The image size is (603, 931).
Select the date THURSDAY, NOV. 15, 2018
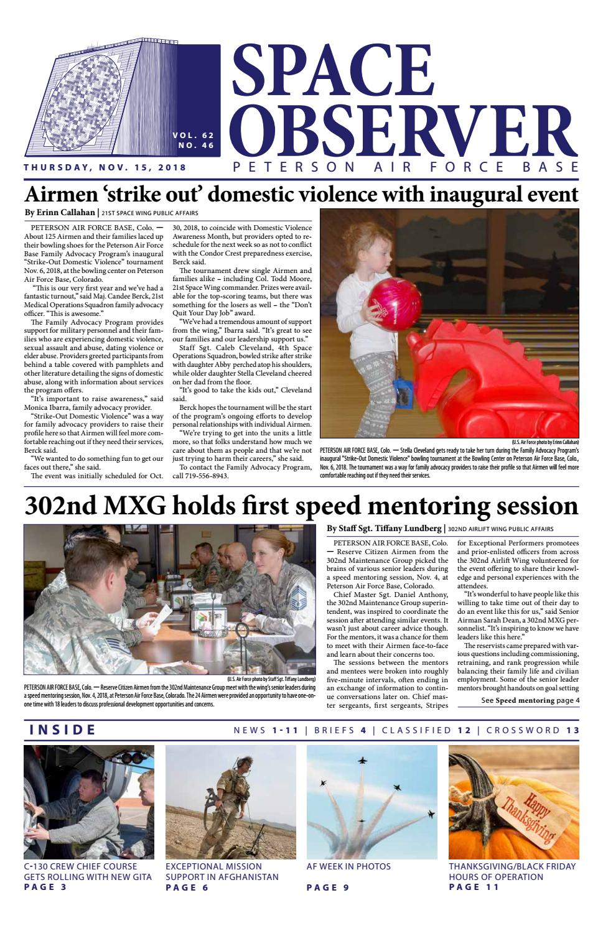coord(105,167)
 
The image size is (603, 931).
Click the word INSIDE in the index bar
coord(63,730)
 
